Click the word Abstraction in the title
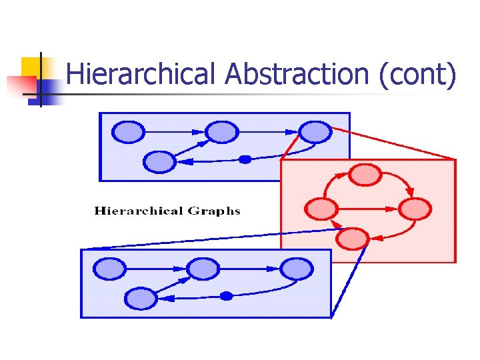click(x=297, y=74)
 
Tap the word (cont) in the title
click(x=417, y=74)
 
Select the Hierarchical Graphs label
click(x=167, y=211)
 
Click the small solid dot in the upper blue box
click(x=245, y=159)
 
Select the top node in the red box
click(x=365, y=175)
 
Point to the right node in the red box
click(x=415, y=209)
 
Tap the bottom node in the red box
click(x=353, y=237)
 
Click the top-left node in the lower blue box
click(x=109, y=269)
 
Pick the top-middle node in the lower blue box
click(x=202, y=269)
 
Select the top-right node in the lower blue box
click(x=296, y=269)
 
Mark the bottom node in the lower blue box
click(x=141, y=298)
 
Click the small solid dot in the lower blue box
click(x=226, y=295)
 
